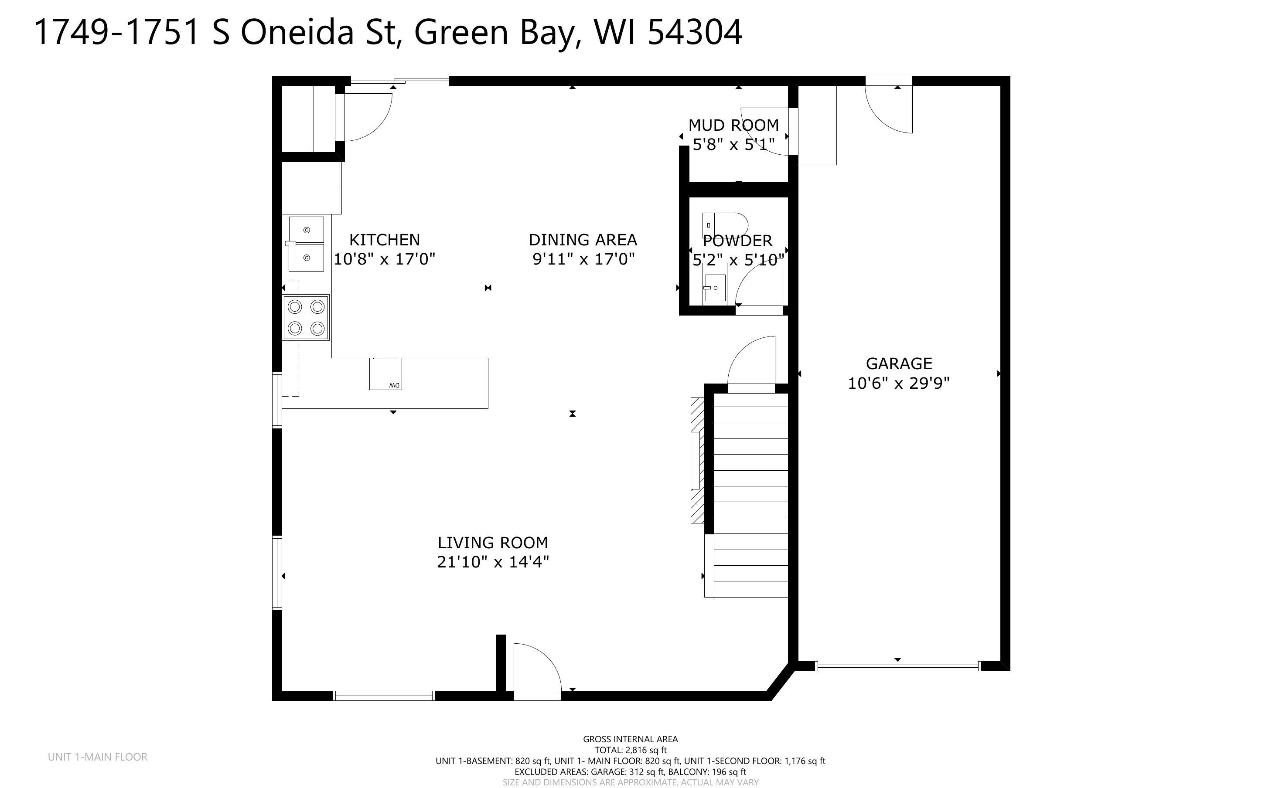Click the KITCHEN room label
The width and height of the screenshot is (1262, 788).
[384, 240]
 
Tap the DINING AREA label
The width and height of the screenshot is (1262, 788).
[582, 240]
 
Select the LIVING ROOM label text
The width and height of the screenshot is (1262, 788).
[493, 543]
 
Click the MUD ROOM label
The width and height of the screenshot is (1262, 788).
[733, 125]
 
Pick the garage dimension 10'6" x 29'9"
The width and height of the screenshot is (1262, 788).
[899, 384]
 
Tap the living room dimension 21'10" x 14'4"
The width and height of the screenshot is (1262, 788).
[493, 562]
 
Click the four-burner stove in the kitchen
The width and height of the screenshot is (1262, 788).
[306, 317]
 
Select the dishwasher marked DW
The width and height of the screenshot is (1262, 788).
[386, 374]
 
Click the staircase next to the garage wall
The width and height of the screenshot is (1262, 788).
[750, 495]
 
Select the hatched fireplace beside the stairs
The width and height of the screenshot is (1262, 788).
[697, 460]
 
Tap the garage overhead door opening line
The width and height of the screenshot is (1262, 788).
[897, 666]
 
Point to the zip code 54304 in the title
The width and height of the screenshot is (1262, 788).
[695, 32]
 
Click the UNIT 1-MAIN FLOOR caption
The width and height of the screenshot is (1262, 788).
[98, 757]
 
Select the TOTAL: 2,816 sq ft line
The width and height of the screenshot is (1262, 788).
[630, 751]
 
